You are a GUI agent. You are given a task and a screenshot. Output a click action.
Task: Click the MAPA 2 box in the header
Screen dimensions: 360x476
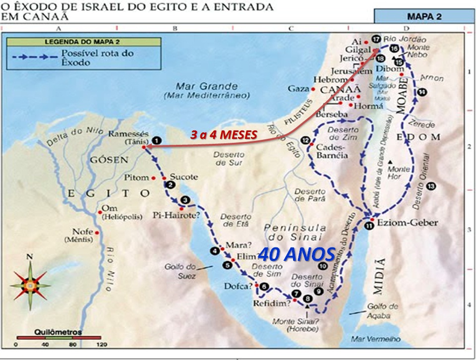(x=424, y=16)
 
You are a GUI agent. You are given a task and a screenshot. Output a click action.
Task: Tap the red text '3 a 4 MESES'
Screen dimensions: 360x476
(x=224, y=134)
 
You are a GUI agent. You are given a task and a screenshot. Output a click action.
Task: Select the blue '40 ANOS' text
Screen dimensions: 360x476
(x=297, y=254)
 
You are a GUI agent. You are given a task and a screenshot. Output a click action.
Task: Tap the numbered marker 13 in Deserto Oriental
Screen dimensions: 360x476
(x=431, y=186)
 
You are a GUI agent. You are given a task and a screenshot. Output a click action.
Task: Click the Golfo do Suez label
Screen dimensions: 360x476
(x=180, y=271)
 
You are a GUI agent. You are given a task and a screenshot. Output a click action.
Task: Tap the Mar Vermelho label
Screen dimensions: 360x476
(x=368, y=340)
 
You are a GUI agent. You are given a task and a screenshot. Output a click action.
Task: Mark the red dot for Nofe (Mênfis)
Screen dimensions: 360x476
(x=97, y=233)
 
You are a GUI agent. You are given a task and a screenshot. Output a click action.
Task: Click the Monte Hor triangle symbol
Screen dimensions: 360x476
(x=391, y=162)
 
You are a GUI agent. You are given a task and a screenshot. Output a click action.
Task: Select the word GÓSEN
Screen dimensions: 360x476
(x=109, y=160)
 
